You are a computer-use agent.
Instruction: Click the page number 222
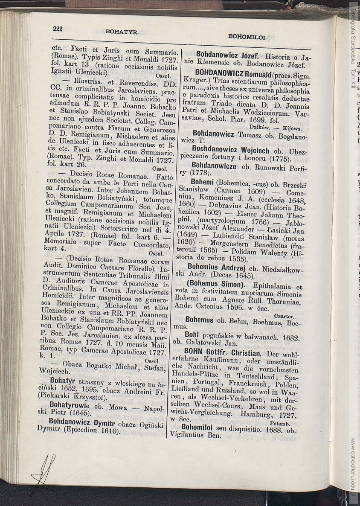click(x=58, y=29)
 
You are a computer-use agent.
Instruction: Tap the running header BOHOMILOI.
click(x=247, y=37)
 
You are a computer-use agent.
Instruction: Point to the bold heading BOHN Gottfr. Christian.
click(x=222, y=353)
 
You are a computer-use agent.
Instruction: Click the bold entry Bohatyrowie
click(x=69, y=404)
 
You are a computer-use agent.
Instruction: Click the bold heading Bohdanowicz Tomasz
click(x=219, y=134)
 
